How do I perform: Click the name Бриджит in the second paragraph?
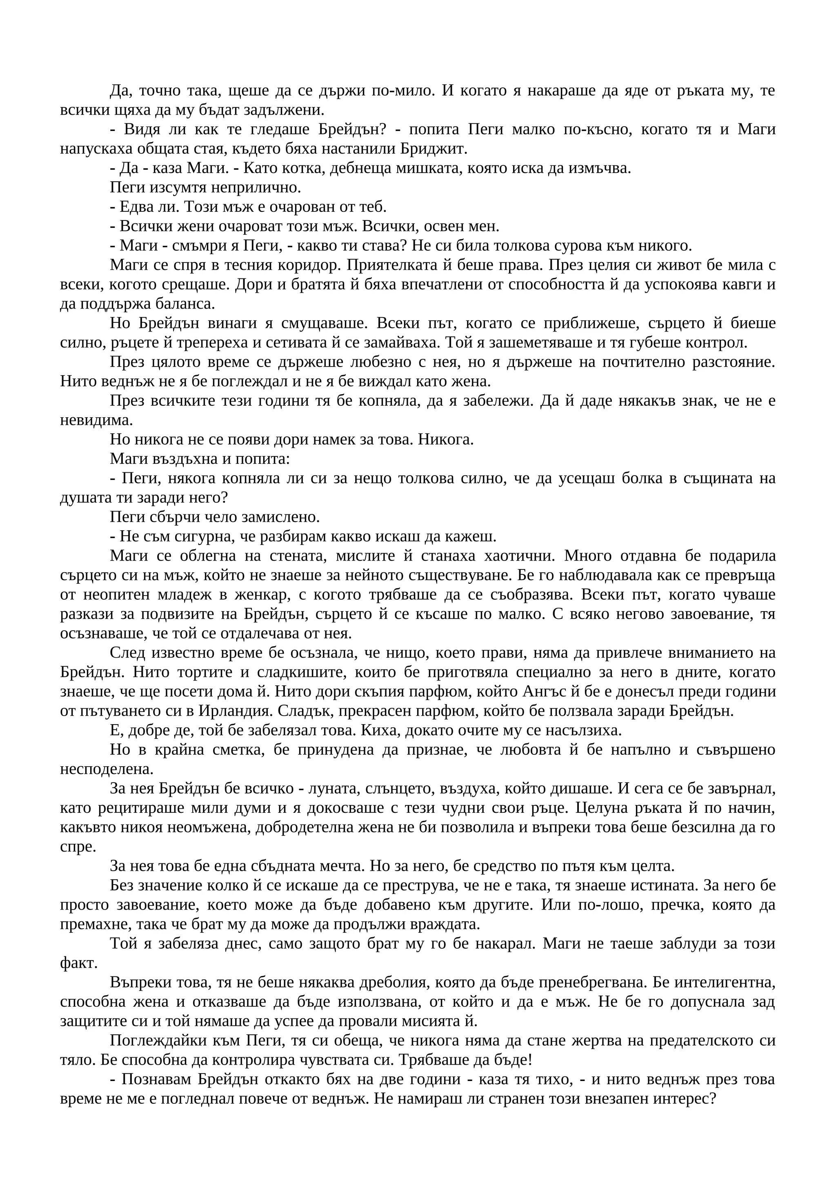coord(439,149)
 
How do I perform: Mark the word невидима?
coord(96,420)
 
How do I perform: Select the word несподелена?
coord(106,769)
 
